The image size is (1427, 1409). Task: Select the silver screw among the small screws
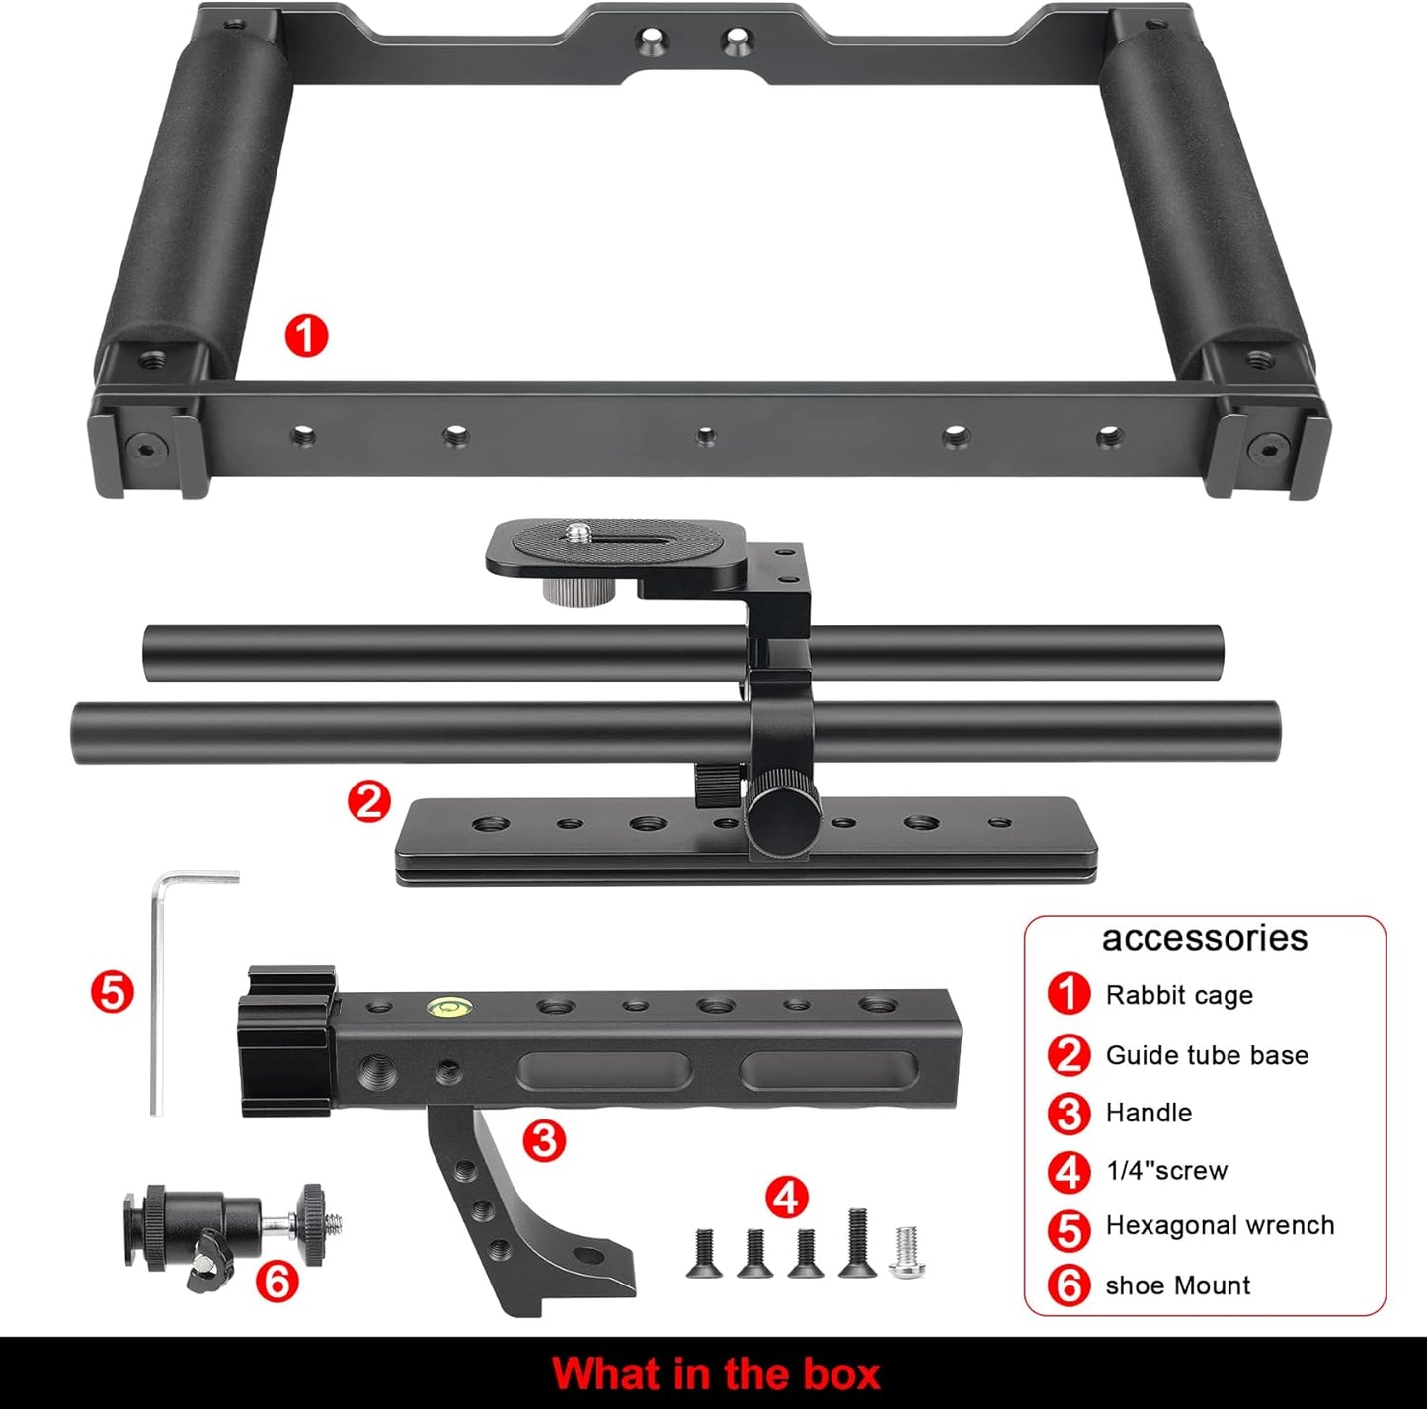point(907,1251)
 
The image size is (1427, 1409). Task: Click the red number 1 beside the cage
point(306,336)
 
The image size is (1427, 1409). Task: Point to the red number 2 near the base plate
point(369,801)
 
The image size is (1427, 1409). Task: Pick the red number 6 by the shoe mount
point(277,1282)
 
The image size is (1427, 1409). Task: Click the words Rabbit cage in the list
point(1178,995)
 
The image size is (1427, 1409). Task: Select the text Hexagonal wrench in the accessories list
point(1220,1226)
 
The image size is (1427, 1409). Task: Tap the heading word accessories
point(1204,938)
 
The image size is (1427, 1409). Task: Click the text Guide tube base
point(1206,1055)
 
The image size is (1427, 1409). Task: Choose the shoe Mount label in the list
point(1177,1285)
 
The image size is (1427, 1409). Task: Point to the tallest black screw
point(856,1242)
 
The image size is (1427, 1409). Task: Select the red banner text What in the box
point(715,1374)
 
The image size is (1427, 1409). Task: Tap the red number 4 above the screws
point(786,1198)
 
